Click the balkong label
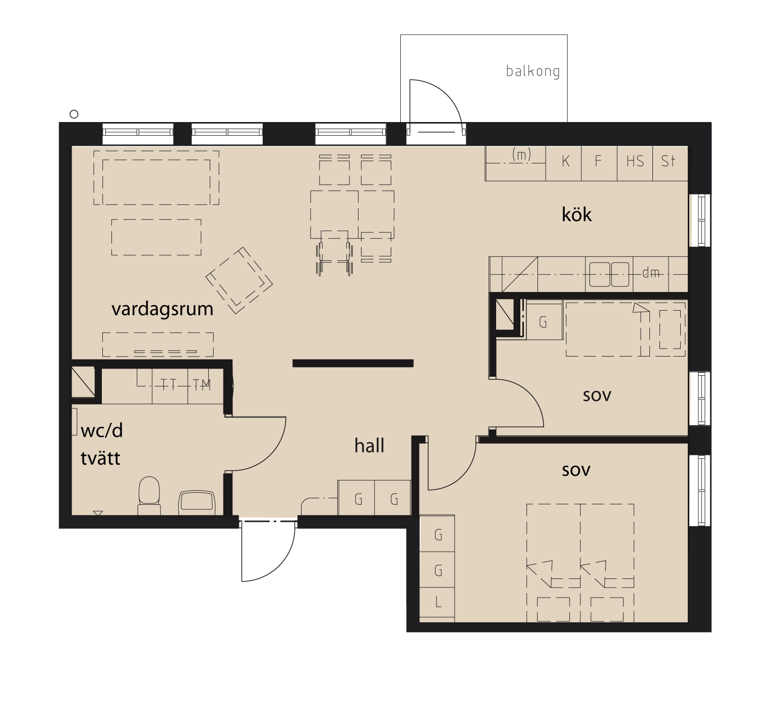pyautogui.click(x=533, y=71)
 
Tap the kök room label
pyautogui.click(x=576, y=214)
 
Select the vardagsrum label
pyautogui.click(x=162, y=309)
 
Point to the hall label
pyautogui.click(x=369, y=445)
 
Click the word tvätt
pyautogui.click(x=100, y=458)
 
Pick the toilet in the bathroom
pyautogui.click(x=149, y=496)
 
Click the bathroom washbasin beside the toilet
pyautogui.click(x=197, y=503)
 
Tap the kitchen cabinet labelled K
pyautogui.click(x=564, y=163)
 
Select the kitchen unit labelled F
pyautogui.click(x=600, y=163)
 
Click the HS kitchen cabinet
pyautogui.click(x=635, y=163)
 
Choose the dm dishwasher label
pyautogui.click(x=651, y=273)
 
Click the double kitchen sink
pyautogui.click(x=609, y=274)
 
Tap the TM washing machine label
pyautogui.click(x=202, y=385)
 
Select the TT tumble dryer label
pyautogui.click(x=168, y=385)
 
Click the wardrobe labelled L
pyautogui.click(x=438, y=604)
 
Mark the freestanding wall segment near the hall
pyautogui.click(x=353, y=363)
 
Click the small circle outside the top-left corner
pyautogui.click(x=74, y=114)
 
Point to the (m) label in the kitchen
pyautogui.click(x=521, y=154)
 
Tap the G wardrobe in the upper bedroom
pyautogui.click(x=544, y=321)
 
